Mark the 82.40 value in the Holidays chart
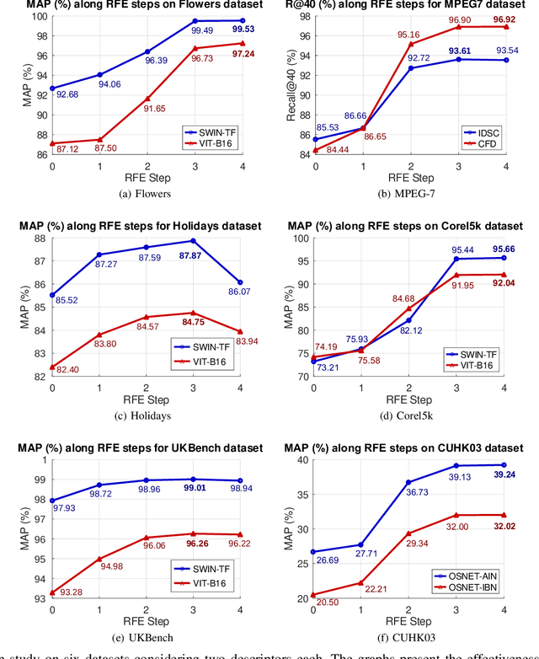pos(67,369)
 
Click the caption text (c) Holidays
pos(147,415)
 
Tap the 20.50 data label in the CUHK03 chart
pos(329,603)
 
